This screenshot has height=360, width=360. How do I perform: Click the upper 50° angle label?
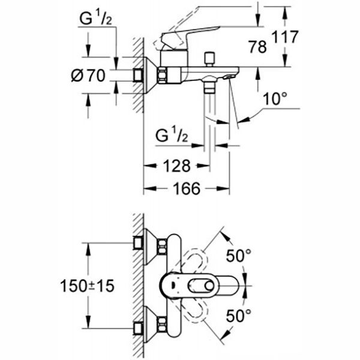238,255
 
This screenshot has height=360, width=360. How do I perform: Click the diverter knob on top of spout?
210,58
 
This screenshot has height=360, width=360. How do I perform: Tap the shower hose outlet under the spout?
209,88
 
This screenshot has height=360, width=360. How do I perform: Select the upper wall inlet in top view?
139,242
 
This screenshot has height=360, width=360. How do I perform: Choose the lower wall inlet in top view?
139,329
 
